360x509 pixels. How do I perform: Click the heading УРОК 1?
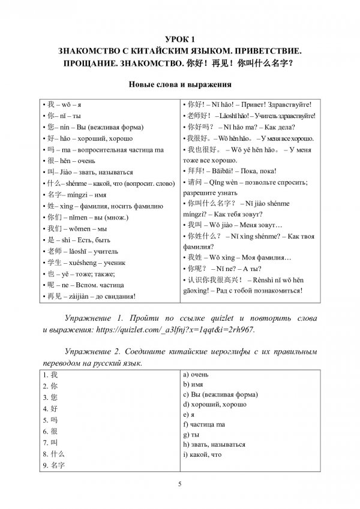180,39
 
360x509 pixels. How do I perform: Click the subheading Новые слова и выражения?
180,85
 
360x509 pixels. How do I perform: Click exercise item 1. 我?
50,375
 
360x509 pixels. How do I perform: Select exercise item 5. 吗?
50,419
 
